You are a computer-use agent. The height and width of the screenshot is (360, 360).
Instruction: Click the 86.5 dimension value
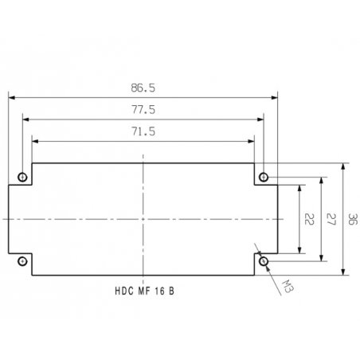(x=143, y=88)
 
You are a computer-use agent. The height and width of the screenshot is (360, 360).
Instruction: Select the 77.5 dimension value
(x=143, y=110)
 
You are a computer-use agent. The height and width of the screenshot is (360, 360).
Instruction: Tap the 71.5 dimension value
(x=143, y=131)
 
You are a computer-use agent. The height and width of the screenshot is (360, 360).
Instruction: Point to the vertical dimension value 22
(x=309, y=219)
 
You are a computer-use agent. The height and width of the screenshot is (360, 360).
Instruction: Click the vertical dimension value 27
(x=331, y=219)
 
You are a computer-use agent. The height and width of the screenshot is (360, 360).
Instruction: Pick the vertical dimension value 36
(x=353, y=219)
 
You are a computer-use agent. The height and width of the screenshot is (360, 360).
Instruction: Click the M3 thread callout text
(x=288, y=286)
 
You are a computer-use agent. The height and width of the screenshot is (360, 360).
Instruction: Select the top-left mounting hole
(x=22, y=177)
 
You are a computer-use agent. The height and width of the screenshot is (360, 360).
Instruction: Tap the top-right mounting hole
(x=264, y=177)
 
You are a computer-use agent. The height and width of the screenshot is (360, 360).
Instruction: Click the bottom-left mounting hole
(x=22, y=261)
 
